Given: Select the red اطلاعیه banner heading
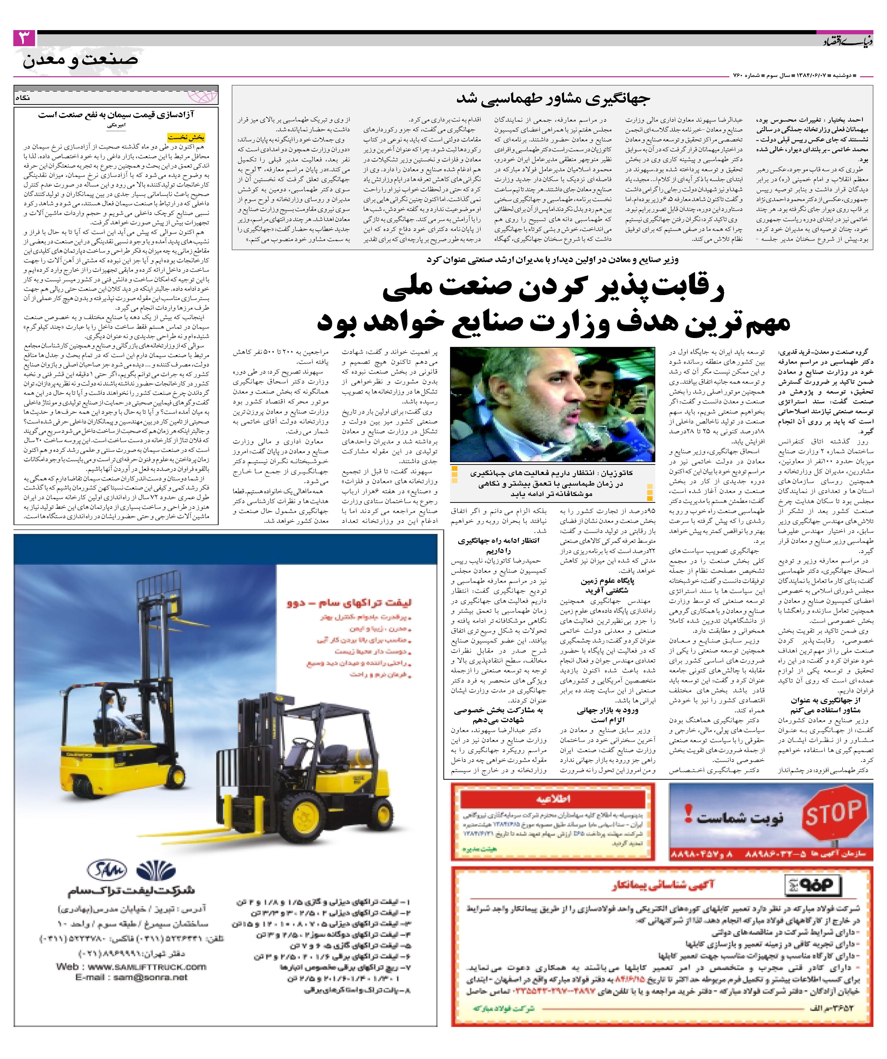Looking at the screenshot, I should point(552,799).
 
